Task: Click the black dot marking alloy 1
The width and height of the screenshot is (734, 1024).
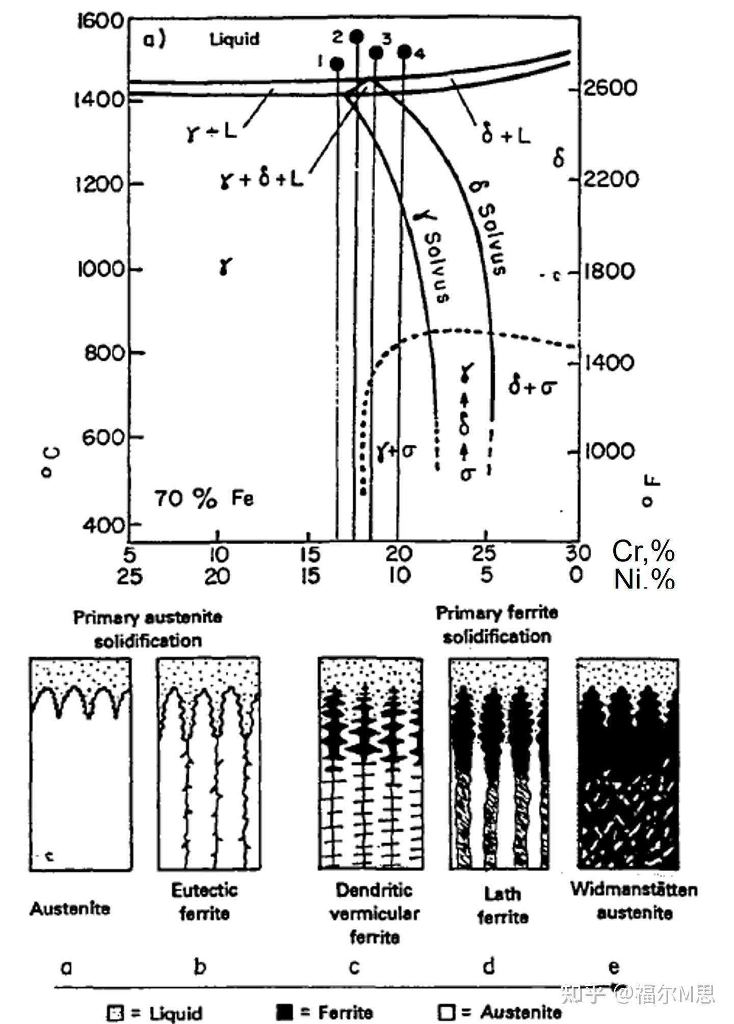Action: click(337, 64)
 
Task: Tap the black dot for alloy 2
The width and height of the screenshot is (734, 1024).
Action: click(357, 36)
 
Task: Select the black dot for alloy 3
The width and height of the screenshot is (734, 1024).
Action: click(376, 52)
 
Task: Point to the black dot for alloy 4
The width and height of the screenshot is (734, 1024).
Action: click(404, 51)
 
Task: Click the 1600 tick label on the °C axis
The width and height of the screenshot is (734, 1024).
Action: click(100, 21)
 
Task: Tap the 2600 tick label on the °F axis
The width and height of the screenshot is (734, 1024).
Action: click(610, 88)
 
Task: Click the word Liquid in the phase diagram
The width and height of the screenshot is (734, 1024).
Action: click(235, 39)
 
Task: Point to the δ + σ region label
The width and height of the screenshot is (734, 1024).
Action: click(532, 387)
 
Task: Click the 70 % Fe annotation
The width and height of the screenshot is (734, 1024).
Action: click(204, 499)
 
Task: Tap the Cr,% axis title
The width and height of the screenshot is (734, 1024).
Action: click(644, 551)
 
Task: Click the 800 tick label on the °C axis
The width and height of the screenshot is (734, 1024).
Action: click(104, 353)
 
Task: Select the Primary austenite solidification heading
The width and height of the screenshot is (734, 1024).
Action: click(148, 629)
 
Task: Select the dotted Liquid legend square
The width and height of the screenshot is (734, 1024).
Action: click(116, 1012)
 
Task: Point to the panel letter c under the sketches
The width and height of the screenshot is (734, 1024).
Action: click(354, 966)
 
